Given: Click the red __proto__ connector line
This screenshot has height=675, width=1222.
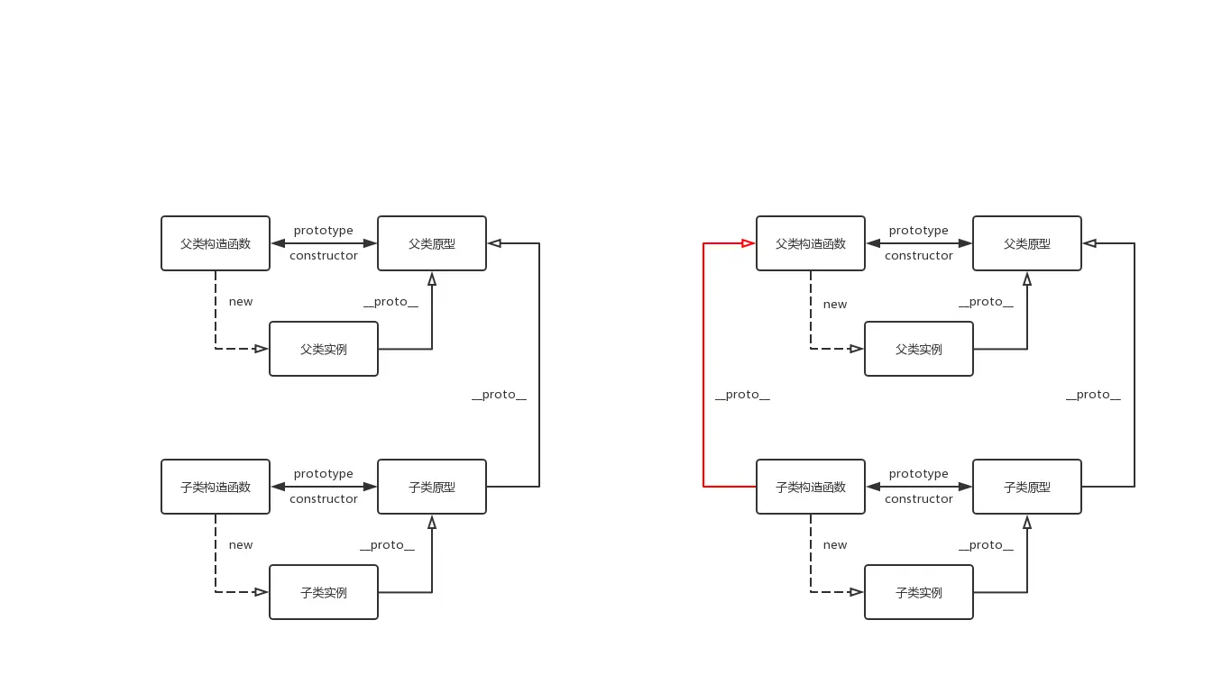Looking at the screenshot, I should coord(703,360).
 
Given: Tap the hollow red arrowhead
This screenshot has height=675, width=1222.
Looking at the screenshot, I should coord(748,243).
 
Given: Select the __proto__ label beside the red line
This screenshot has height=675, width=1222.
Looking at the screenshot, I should coord(742,395).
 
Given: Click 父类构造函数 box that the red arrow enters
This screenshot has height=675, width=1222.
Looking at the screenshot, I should coord(810,243).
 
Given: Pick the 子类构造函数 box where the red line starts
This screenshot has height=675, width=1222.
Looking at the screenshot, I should coord(810,487).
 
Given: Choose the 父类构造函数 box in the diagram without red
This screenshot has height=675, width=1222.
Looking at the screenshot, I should coord(216,243).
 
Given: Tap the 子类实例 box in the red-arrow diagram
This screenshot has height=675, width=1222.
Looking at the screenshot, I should coord(918,592).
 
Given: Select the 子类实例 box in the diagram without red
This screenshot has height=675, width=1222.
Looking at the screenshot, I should coord(323,592).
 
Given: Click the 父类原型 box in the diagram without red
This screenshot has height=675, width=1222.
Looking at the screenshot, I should coord(431,243).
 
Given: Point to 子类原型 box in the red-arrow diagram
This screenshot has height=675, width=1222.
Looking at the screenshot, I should coord(1026,487).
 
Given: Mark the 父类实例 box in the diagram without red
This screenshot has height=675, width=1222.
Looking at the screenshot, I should coord(323,349).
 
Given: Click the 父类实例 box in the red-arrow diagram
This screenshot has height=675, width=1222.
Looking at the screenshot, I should coord(918,349).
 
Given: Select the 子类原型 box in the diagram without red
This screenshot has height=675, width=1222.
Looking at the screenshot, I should coord(431,487).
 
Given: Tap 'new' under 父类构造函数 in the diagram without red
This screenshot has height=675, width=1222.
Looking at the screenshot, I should coord(241,302).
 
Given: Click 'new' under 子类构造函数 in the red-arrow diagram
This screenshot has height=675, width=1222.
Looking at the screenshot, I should coord(835,545).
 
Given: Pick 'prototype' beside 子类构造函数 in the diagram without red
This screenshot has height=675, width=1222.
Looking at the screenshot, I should coord(323,474).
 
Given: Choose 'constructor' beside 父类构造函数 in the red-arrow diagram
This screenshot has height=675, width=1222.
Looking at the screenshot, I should coord(918,256).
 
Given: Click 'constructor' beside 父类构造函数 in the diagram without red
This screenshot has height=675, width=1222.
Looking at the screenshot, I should coord(323,256).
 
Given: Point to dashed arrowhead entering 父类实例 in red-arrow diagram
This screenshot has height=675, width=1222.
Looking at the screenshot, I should coord(856,349).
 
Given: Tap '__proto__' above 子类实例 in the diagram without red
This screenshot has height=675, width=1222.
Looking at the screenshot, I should coord(387,545).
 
